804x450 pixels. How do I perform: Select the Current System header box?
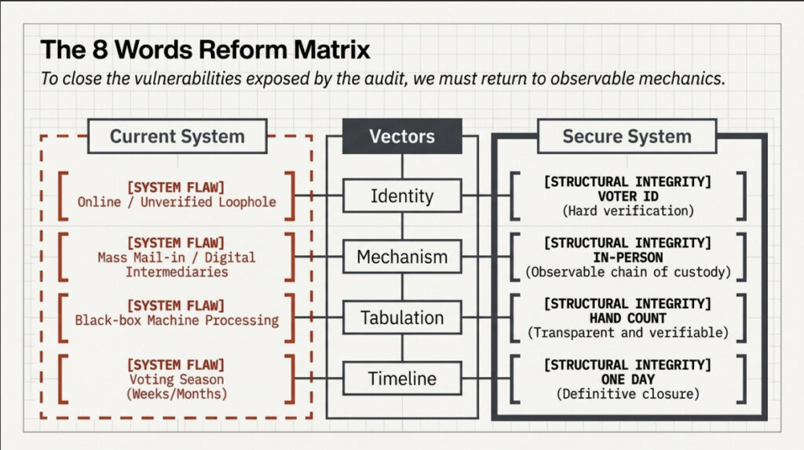click(177, 136)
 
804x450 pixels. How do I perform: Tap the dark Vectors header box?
click(402, 136)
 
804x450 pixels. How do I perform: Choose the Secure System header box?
click(627, 136)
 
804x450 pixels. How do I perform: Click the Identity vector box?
click(402, 196)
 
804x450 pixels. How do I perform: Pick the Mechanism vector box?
click(402, 257)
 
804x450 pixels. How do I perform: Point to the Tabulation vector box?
click(402, 318)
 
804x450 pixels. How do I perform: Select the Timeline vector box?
click(402, 379)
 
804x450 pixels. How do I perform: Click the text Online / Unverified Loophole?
click(177, 203)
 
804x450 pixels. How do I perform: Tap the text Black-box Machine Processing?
click(177, 320)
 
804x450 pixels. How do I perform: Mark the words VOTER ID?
click(627, 196)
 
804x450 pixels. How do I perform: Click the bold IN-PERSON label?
click(627, 258)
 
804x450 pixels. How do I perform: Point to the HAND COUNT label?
click(627, 319)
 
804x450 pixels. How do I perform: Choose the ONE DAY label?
click(627, 379)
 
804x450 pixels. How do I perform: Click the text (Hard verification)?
click(627, 210)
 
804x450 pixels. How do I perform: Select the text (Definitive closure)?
click(627, 393)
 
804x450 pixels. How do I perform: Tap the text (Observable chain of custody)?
click(627, 272)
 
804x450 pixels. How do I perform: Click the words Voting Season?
click(177, 380)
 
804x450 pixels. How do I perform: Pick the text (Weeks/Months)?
click(177, 393)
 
